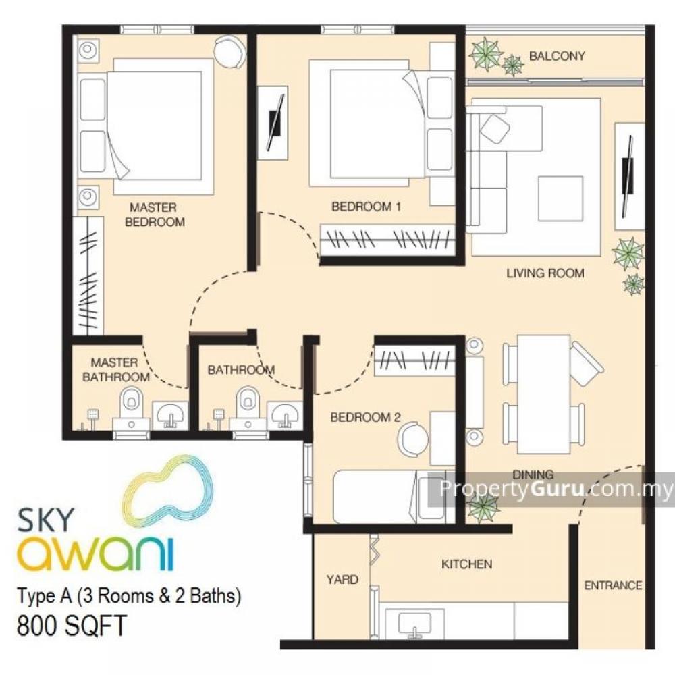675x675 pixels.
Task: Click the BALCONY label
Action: tap(557, 56)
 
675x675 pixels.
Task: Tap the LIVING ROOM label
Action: tap(545, 273)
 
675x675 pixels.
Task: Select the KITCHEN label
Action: tap(466, 564)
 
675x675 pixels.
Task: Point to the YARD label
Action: tap(342, 579)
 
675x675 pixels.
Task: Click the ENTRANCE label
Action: tap(613, 585)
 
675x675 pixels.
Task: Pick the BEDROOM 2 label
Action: tap(365, 417)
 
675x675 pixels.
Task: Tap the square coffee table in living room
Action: tap(560, 198)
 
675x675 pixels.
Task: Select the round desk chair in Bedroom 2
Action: tap(412, 439)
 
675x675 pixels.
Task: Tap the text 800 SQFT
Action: tap(72, 626)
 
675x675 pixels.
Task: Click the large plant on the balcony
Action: tap(486, 54)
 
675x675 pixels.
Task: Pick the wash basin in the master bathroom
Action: tap(171, 415)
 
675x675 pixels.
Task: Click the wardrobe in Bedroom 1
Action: tap(387, 239)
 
